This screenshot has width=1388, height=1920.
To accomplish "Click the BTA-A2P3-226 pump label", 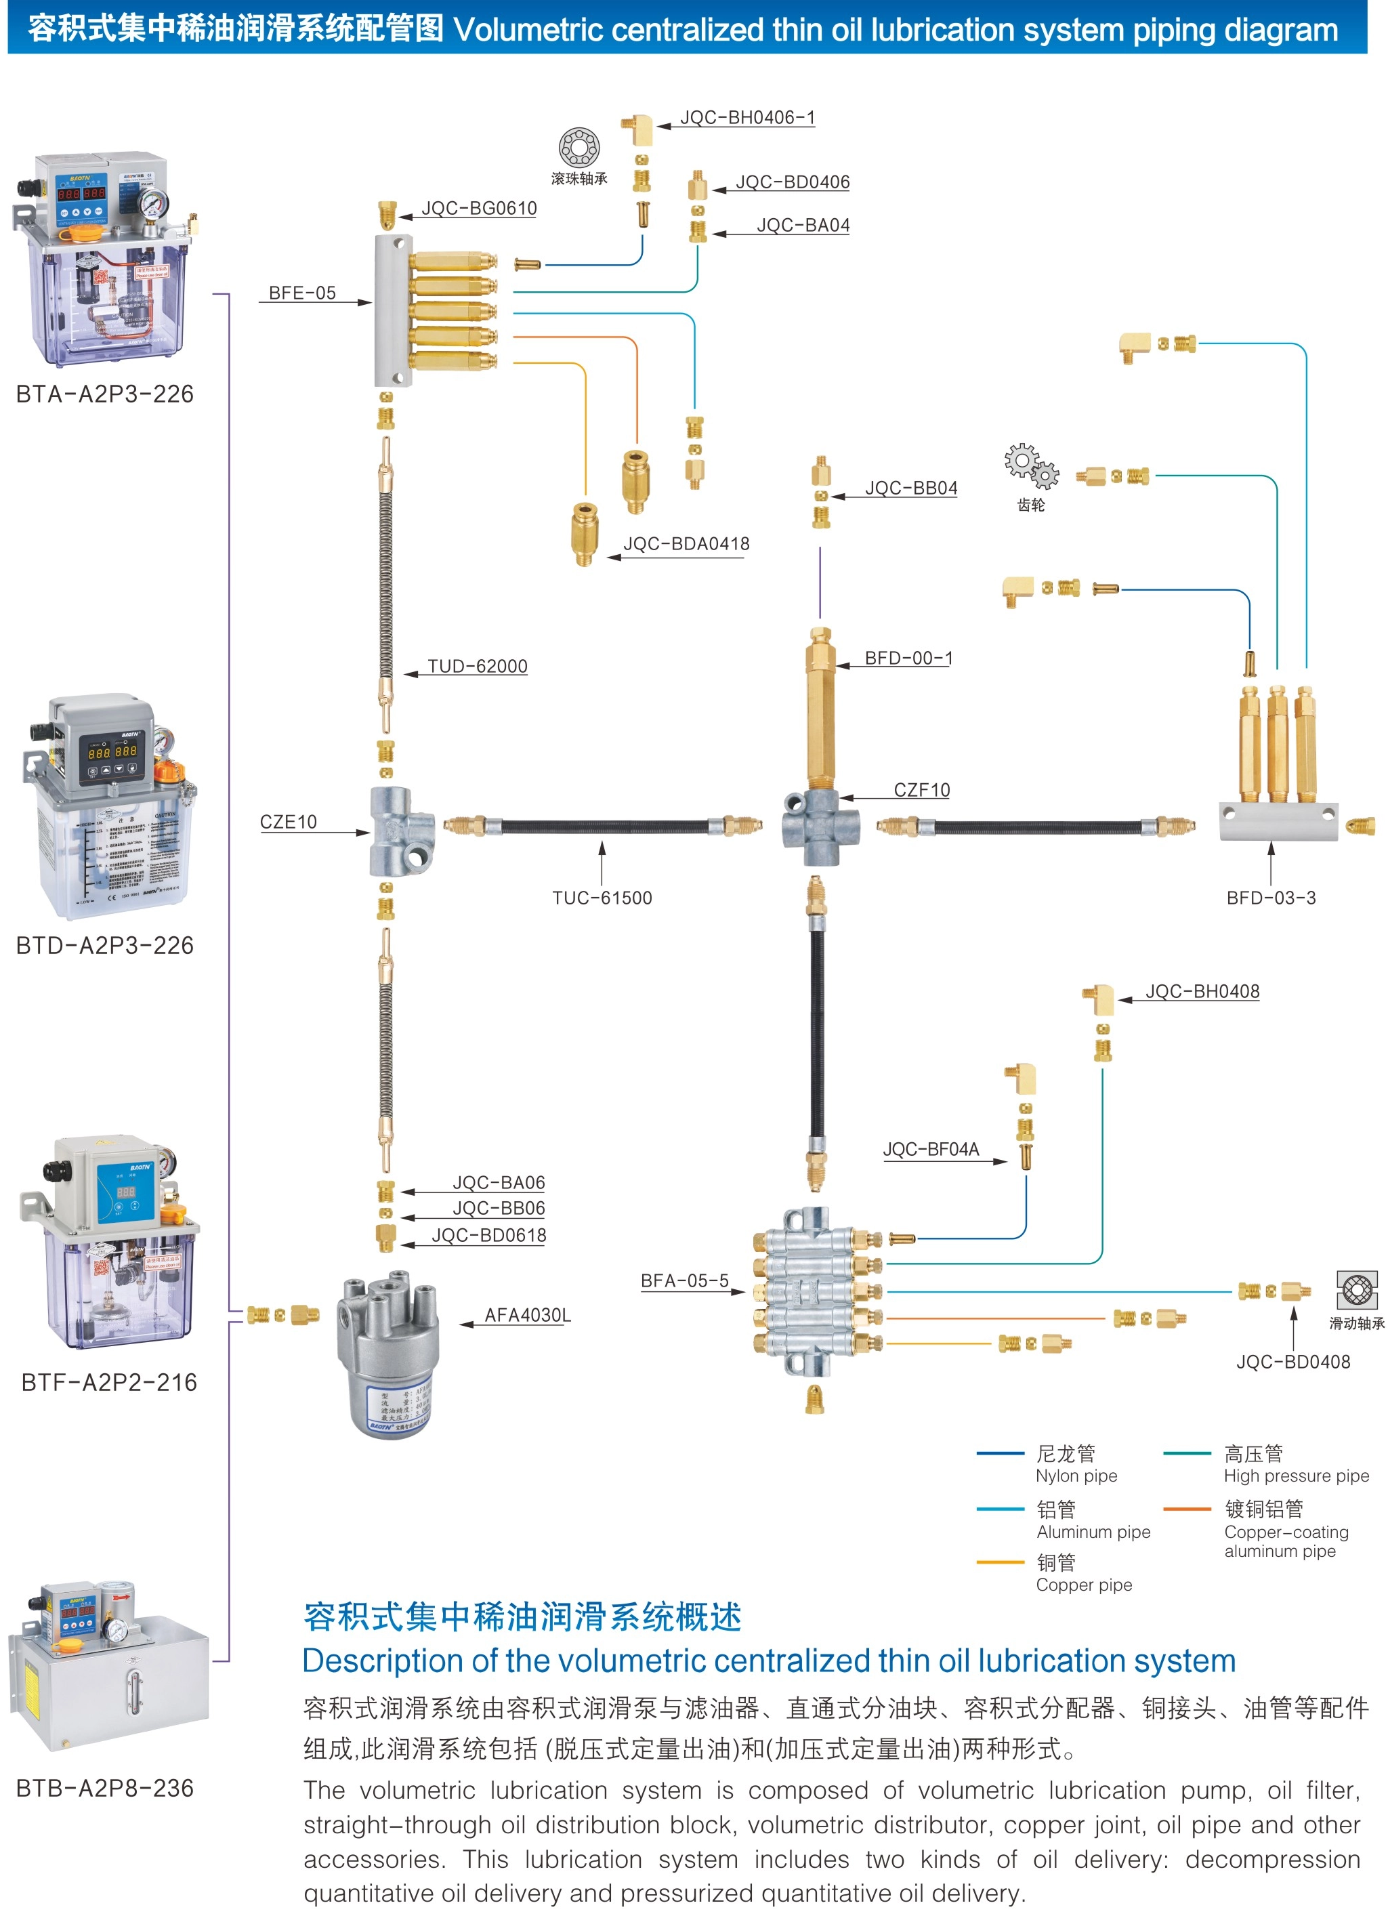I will pos(105,394).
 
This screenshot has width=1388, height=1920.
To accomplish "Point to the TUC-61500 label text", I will pos(602,898).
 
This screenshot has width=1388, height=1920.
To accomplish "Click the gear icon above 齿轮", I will pos(1032,465).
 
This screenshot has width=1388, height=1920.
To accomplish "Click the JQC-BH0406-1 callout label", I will pos(747,118).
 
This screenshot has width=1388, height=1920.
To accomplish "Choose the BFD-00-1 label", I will pos(908,658).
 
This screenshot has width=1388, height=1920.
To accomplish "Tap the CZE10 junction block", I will pos(402,831).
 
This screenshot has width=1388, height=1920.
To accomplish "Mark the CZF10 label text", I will pos(922,790).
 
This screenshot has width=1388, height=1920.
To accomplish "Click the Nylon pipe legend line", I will pos(1000,1453).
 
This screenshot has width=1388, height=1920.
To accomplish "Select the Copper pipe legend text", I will pos(1083,1585).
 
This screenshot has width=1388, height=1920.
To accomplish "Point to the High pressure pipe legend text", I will pos(1296,1476).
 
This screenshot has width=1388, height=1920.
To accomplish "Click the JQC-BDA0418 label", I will pos(686,544).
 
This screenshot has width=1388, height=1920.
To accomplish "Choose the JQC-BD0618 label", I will pos(489,1235).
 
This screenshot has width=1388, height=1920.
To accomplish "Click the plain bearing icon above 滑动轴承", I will pos(1357,1290).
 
